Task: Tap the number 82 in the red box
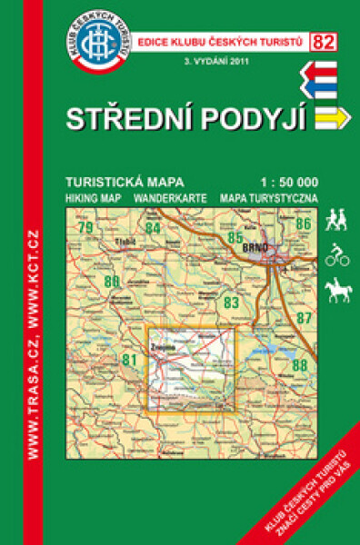click(x=321, y=40)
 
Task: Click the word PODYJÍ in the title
click(x=254, y=118)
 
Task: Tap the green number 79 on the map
click(x=87, y=226)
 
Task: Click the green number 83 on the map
click(x=231, y=302)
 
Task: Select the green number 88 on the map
click(x=300, y=365)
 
